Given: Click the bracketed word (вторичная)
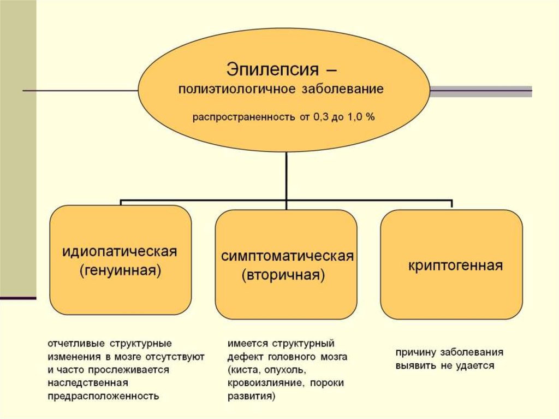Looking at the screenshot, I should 283,275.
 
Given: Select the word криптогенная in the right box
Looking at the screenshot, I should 455,266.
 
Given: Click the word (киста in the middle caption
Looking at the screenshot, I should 242,370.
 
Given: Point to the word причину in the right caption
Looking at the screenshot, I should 416,352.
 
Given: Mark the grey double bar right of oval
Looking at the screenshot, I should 481,91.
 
